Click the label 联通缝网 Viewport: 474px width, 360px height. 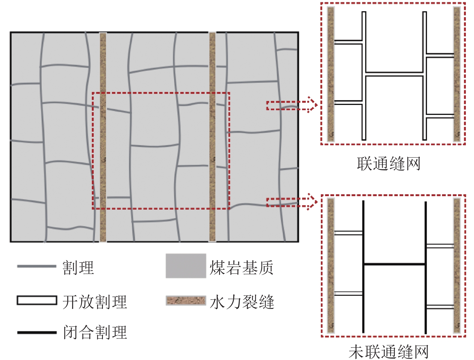click(388, 164)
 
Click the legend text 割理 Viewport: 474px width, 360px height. click(78, 267)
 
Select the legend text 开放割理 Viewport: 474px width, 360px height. click(94, 302)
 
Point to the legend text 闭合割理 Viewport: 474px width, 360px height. click(95, 332)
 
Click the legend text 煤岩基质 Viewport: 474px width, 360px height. click(241, 267)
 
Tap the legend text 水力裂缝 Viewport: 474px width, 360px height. click(242, 302)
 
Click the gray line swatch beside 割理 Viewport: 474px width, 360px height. click(37, 266)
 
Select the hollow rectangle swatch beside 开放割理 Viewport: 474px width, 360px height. click(37, 300)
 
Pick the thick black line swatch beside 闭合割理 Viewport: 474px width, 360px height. click(37, 332)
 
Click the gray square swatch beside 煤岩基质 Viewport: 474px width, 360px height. click(186, 266)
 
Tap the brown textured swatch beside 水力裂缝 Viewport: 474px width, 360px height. click(186, 300)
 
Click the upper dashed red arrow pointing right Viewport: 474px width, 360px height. click(292, 106)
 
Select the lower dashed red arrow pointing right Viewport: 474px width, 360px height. click(292, 202)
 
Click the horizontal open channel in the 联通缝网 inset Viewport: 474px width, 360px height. click(394, 74)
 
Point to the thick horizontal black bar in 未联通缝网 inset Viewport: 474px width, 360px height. click(394, 264)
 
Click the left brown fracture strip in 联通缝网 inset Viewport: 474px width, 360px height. click(331, 74)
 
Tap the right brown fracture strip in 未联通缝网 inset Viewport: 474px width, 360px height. click(457, 265)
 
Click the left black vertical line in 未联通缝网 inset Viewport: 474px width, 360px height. click(363, 266)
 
